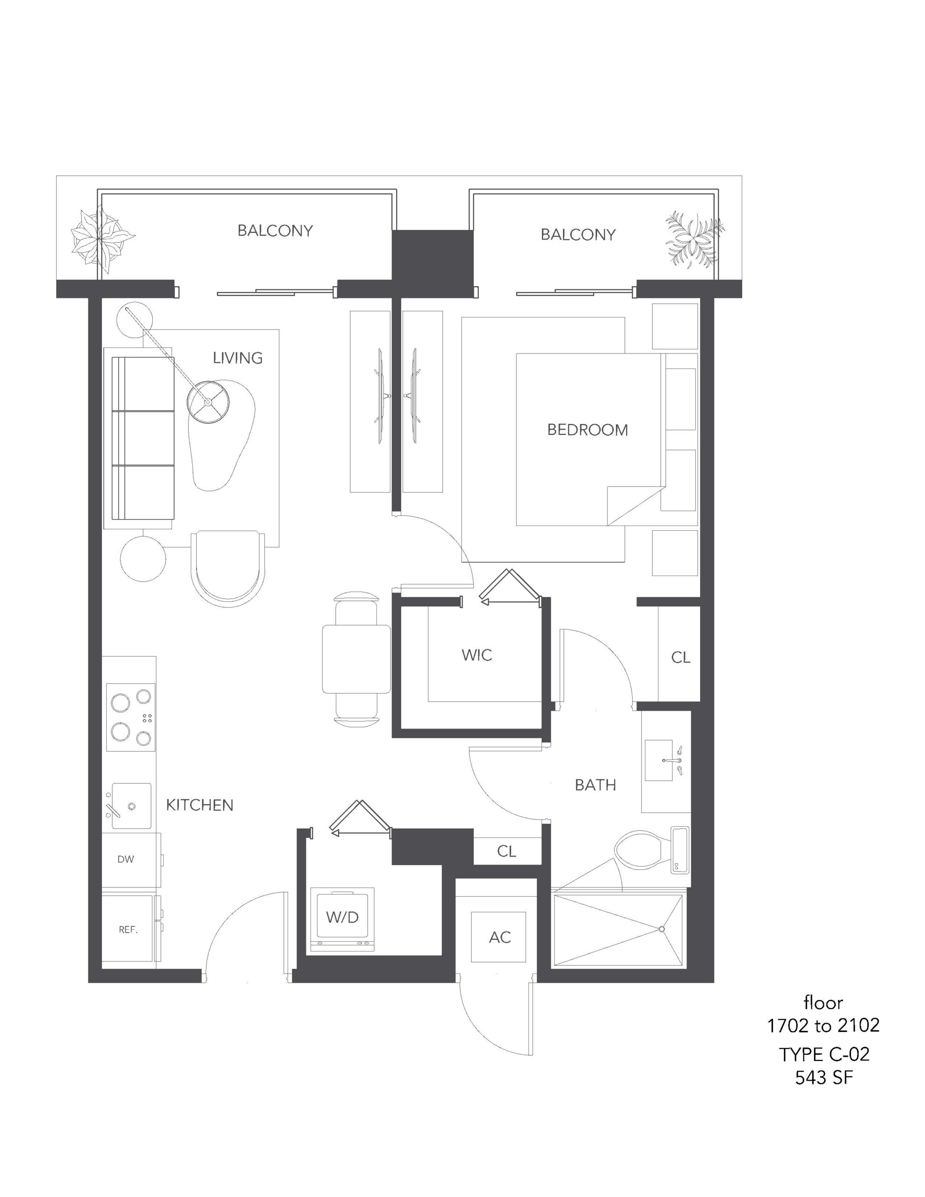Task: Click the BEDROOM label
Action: (x=587, y=430)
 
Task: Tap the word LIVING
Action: (x=238, y=358)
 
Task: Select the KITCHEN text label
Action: (x=200, y=805)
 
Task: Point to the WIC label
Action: (x=477, y=655)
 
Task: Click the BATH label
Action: (x=595, y=785)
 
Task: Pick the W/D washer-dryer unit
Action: (x=343, y=920)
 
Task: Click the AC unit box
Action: (x=499, y=937)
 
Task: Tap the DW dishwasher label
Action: (x=126, y=859)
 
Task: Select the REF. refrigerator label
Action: (x=128, y=930)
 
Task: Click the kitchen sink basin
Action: (x=131, y=806)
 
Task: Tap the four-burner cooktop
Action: (x=130, y=717)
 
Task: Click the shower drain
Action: (x=662, y=929)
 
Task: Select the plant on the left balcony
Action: (x=101, y=239)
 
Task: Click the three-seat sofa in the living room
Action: (x=143, y=438)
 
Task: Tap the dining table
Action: (x=356, y=659)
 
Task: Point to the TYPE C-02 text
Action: (x=824, y=1053)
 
